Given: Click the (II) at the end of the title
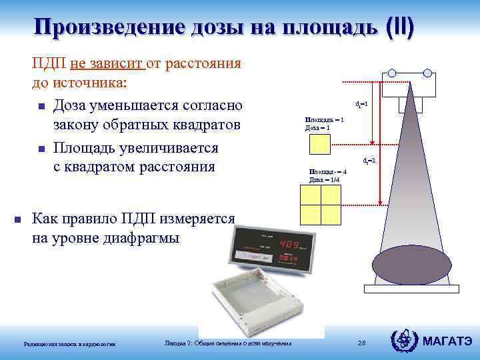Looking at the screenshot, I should (x=398, y=27).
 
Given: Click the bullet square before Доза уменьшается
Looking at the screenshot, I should (x=41, y=107).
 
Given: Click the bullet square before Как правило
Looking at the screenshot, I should (x=18, y=219).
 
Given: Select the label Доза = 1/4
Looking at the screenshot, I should (x=325, y=179).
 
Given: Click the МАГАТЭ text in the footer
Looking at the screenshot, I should (x=447, y=341).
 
